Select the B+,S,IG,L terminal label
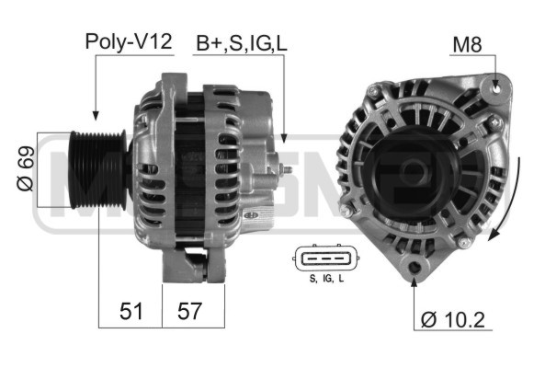click(x=240, y=42)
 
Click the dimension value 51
click(x=131, y=311)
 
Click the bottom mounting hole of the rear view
click(x=414, y=268)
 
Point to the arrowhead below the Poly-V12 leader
click(x=96, y=114)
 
